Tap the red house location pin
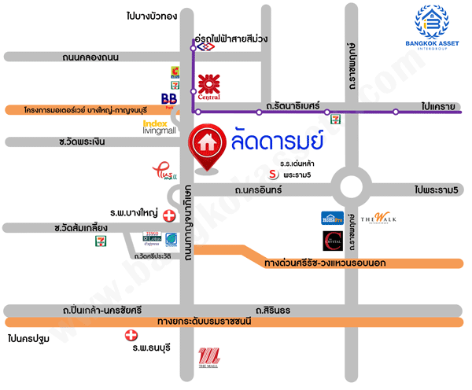208,146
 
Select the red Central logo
208,86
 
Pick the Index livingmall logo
160,127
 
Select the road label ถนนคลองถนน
90,57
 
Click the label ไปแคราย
438,104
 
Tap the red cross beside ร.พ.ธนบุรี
131,336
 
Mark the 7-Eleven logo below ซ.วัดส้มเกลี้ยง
100,241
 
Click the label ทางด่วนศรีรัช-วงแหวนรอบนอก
324,262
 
